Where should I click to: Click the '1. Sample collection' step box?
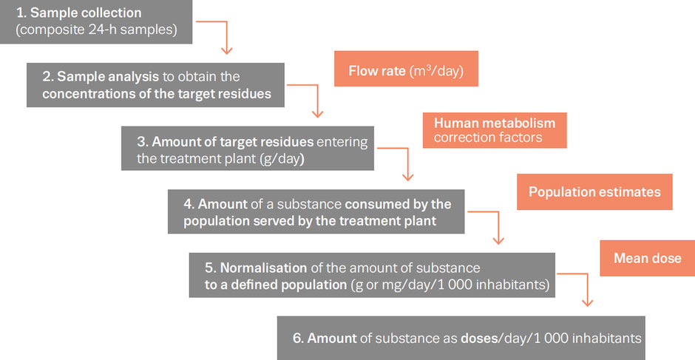96,22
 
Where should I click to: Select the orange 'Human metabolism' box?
495,129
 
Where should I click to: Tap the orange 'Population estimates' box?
594,192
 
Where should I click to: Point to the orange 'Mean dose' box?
647,259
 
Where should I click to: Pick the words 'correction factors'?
487,137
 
